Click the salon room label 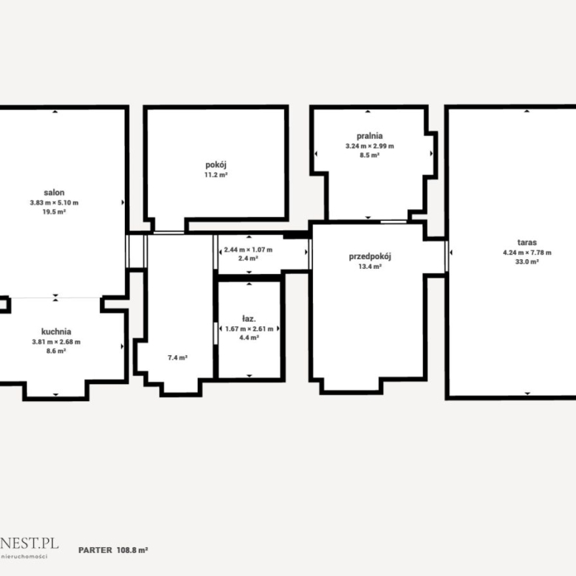coord(54,193)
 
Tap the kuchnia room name coord(56,332)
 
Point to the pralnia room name coord(369,137)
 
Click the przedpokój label coord(370,256)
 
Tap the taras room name coord(527,242)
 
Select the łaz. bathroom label coord(249,319)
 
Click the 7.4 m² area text coord(178,357)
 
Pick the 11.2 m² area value coord(216,175)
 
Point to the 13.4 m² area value coord(370,267)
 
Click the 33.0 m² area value coord(527,262)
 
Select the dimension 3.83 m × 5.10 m coord(54,202)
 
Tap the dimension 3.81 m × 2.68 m coord(56,342)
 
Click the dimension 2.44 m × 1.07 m coord(248,250)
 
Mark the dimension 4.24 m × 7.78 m coord(527,253)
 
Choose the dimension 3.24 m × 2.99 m coord(369,146)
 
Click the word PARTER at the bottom coord(95,550)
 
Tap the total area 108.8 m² coord(132,550)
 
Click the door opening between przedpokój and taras coord(447,256)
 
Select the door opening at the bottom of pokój coord(168,233)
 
